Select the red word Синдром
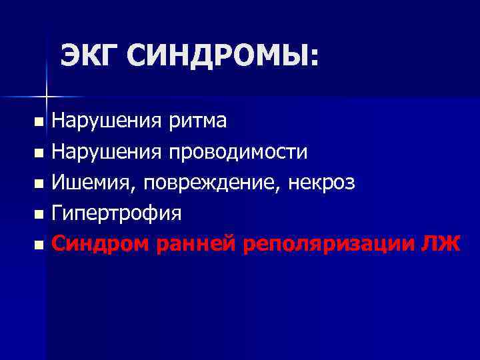click(x=101, y=244)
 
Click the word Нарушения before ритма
click(x=107, y=121)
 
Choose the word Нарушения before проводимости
click(x=107, y=151)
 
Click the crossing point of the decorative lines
click(x=46, y=97)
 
